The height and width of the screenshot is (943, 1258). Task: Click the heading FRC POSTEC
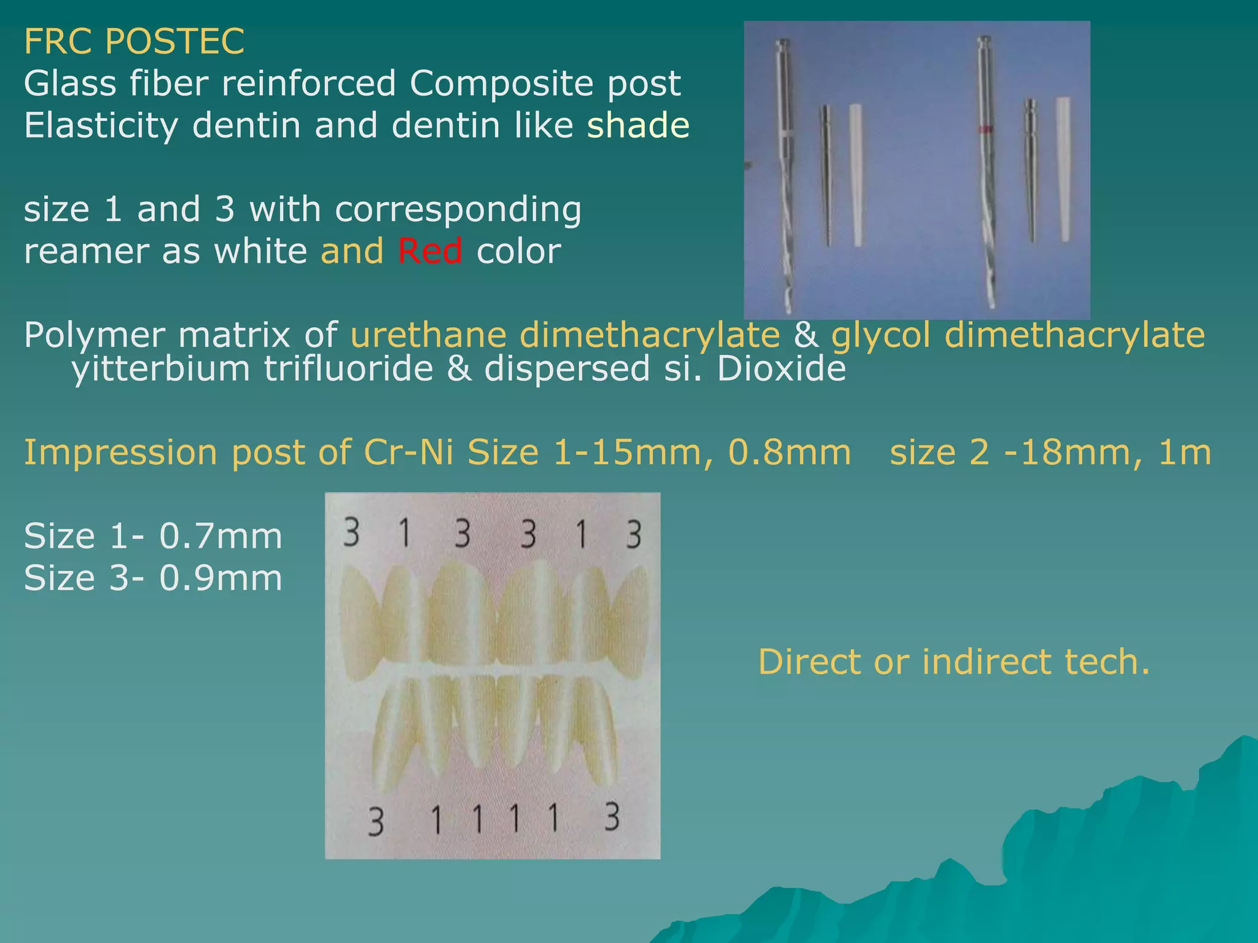pos(134,41)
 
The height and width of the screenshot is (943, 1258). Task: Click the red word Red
pos(430,251)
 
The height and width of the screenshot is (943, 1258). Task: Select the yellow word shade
pos(638,125)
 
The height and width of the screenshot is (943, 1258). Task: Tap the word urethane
pos(428,335)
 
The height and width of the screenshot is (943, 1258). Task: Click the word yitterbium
pos(160,369)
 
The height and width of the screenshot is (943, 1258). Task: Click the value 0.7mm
pos(221,536)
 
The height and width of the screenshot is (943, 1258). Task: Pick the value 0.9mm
pos(221,578)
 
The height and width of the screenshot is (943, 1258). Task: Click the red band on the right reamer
pos(985,130)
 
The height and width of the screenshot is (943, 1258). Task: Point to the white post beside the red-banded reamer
pos(1063,169)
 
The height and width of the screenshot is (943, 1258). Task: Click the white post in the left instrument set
pos(856,175)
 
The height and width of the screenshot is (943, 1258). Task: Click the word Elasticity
pos(101,126)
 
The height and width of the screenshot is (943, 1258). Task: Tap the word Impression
pos(120,453)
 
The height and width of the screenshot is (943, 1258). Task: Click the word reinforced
pos(308,83)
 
